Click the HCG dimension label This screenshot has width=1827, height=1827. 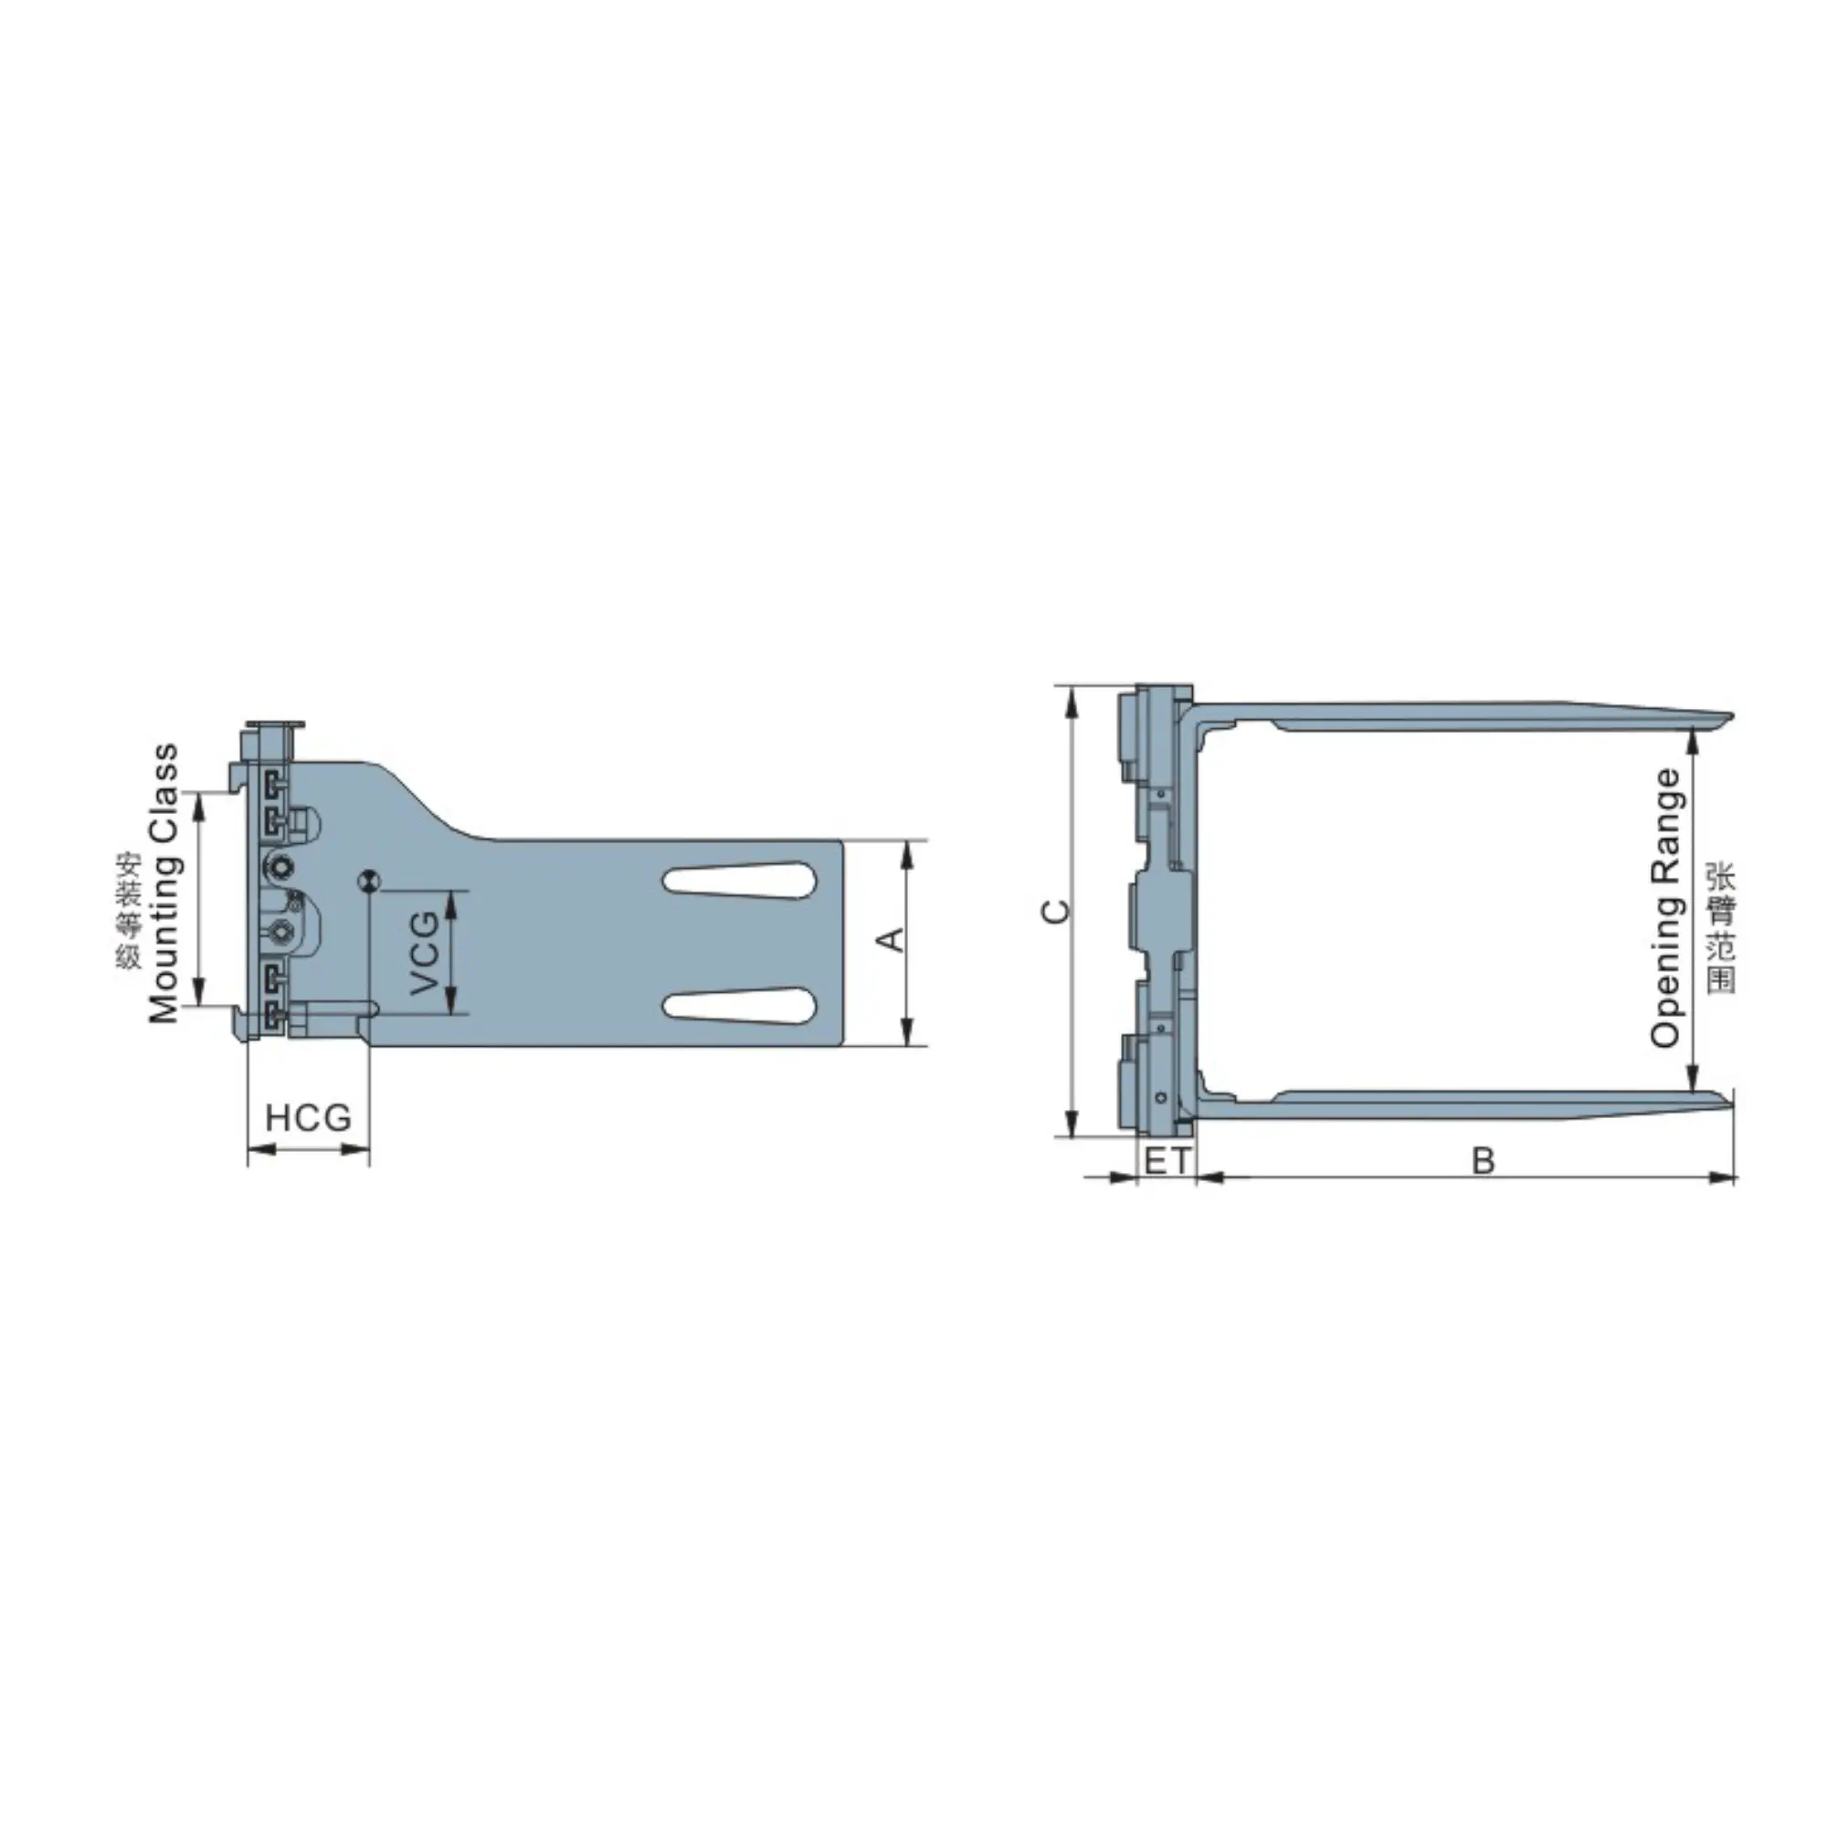point(307,1118)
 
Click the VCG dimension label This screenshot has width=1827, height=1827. point(426,953)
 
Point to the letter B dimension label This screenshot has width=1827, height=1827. point(1483,1160)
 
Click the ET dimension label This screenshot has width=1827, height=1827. point(1167,1160)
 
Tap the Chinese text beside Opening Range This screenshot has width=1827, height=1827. point(1721,926)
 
